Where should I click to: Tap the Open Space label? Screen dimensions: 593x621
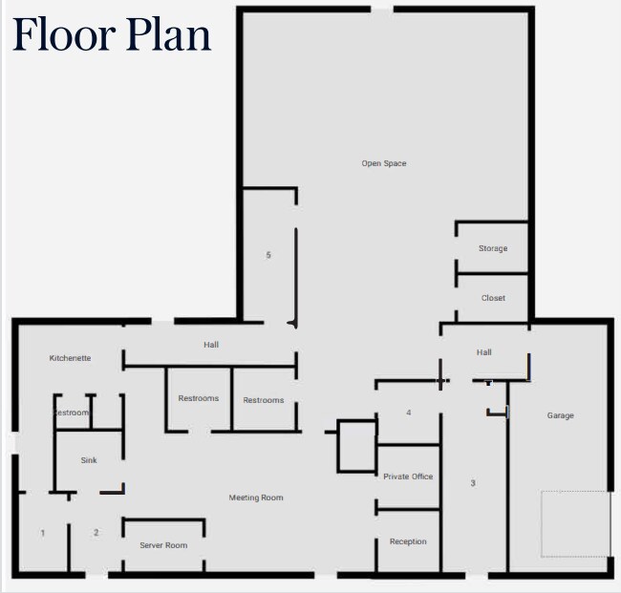[384, 163]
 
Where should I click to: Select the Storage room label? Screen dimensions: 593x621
[493, 248]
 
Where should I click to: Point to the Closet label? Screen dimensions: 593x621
[493, 298]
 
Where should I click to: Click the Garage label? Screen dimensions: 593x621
[561, 415]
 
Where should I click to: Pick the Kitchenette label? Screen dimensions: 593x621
[71, 358]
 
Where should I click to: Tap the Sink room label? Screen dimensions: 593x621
[89, 460]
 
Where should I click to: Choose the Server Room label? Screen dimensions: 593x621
[163, 545]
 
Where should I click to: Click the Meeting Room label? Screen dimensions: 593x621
[256, 498]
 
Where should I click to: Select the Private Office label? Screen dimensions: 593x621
[408, 477]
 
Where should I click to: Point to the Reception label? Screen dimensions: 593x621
[408, 541]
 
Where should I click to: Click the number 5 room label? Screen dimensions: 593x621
[268, 255]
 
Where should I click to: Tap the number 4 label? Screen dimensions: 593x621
[408, 413]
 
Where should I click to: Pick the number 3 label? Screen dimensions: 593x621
[473, 483]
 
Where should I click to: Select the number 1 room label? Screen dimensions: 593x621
[43, 533]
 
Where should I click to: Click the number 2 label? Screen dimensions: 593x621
[96, 533]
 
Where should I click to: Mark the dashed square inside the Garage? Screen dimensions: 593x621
[576, 523]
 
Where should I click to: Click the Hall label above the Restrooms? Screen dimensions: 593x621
[211, 345]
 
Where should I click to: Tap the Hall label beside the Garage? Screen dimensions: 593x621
[484, 352]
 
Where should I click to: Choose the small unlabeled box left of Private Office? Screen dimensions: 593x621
[356, 446]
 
